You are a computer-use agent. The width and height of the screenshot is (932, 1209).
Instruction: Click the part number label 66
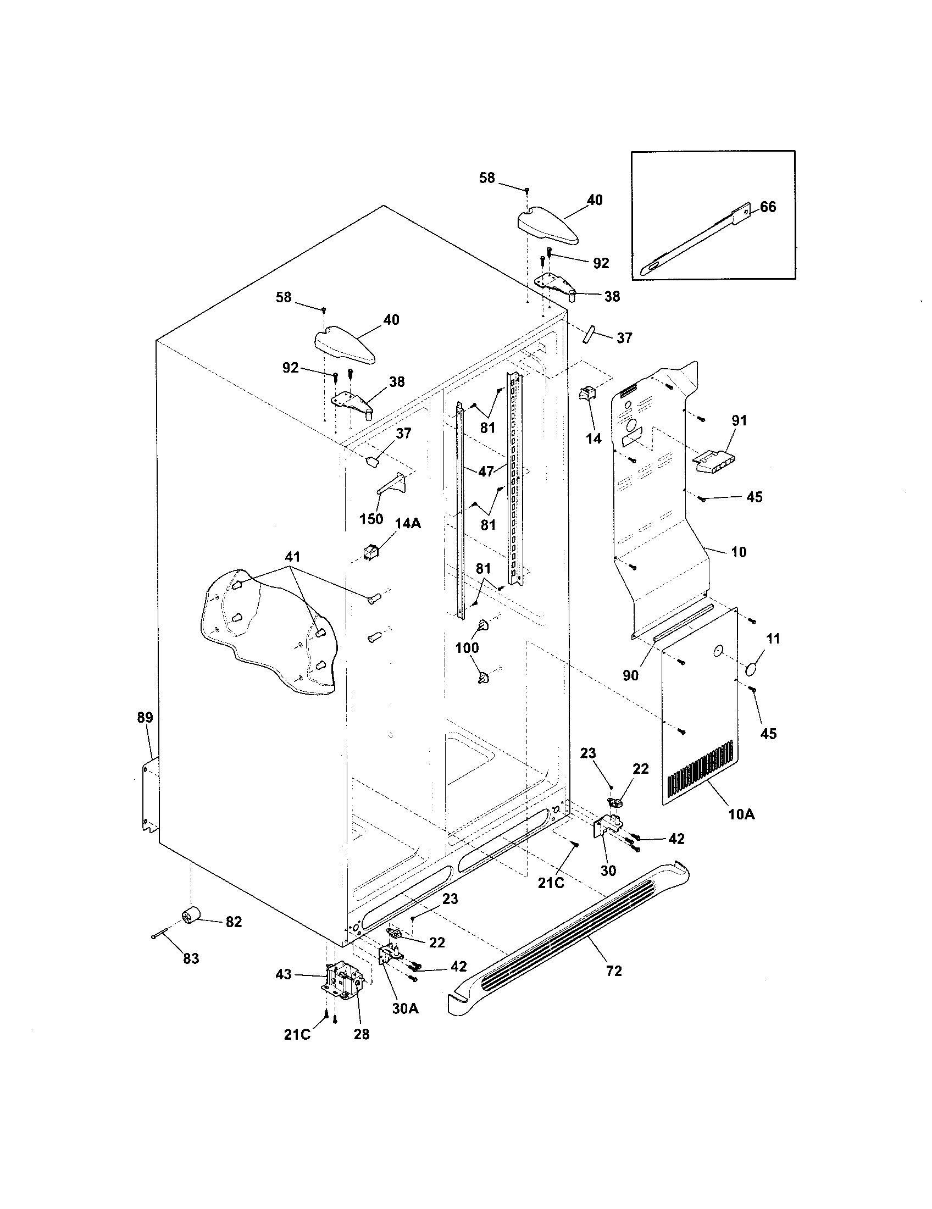tap(768, 207)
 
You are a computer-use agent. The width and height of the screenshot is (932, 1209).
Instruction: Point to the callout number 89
tap(145, 717)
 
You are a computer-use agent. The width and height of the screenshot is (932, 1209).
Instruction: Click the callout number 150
tap(371, 519)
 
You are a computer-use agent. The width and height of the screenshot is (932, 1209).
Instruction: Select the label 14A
tap(408, 523)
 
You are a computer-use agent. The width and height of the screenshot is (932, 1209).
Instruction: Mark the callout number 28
tap(362, 1034)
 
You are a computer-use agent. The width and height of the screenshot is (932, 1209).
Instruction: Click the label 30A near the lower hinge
tap(405, 1008)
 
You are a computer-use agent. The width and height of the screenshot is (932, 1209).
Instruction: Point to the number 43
tap(284, 974)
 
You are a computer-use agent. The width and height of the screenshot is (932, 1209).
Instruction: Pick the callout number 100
tap(467, 647)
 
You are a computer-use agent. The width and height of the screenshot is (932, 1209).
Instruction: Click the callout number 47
tap(486, 472)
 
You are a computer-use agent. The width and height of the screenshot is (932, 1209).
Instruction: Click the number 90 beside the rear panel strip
tap(630, 675)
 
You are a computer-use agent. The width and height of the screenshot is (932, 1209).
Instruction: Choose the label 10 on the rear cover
tap(739, 552)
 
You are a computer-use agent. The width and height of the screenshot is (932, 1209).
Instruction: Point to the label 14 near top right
tap(593, 439)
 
